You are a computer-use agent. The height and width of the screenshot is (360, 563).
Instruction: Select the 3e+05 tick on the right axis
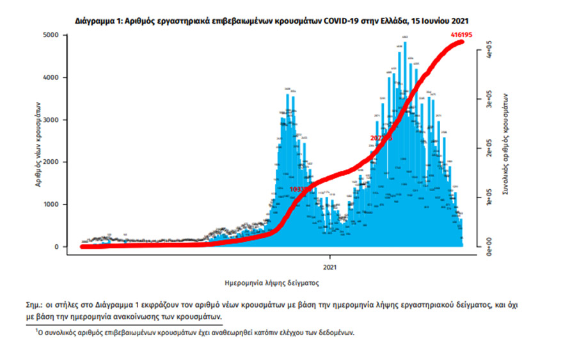pos(488,99)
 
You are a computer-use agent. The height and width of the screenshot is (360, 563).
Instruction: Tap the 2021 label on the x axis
pos(330,265)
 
